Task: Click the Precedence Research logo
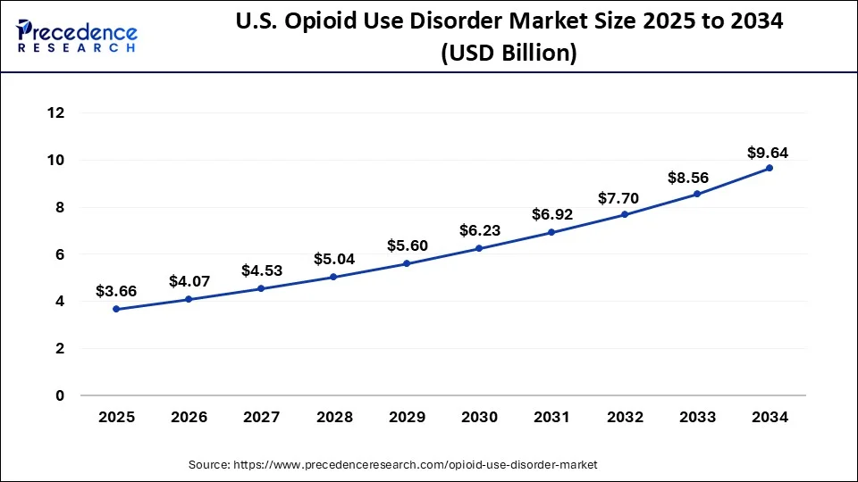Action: pyautogui.click(x=77, y=36)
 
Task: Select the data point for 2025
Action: pyautogui.click(x=116, y=309)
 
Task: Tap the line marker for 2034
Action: pyautogui.click(x=770, y=168)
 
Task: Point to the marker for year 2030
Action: pyautogui.click(x=479, y=248)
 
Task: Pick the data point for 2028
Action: pyautogui.click(x=333, y=277)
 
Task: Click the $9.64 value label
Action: pyautogui.click(x=768, y=152)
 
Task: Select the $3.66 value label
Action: pyautogui.click(x=116, y=292)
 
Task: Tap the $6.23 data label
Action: pyautogui.click(x=479, y=230)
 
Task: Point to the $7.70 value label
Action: pyautogui.click(x=625, y=198)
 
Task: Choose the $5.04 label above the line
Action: pyautogui.click(x=333, y=260)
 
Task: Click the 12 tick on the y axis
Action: pyautogui.click(x=56, y=113)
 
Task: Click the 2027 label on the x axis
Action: pyautogui.click(x=261, y=417)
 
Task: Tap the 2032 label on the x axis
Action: pyautogui.click(x=625, y=417)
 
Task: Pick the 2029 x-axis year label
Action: pyautogui.click(x=407, y=417)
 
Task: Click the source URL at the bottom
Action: pyautogui.click(x=392, y=465)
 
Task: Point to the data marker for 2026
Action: pyautogui.click(x=189, y=299)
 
